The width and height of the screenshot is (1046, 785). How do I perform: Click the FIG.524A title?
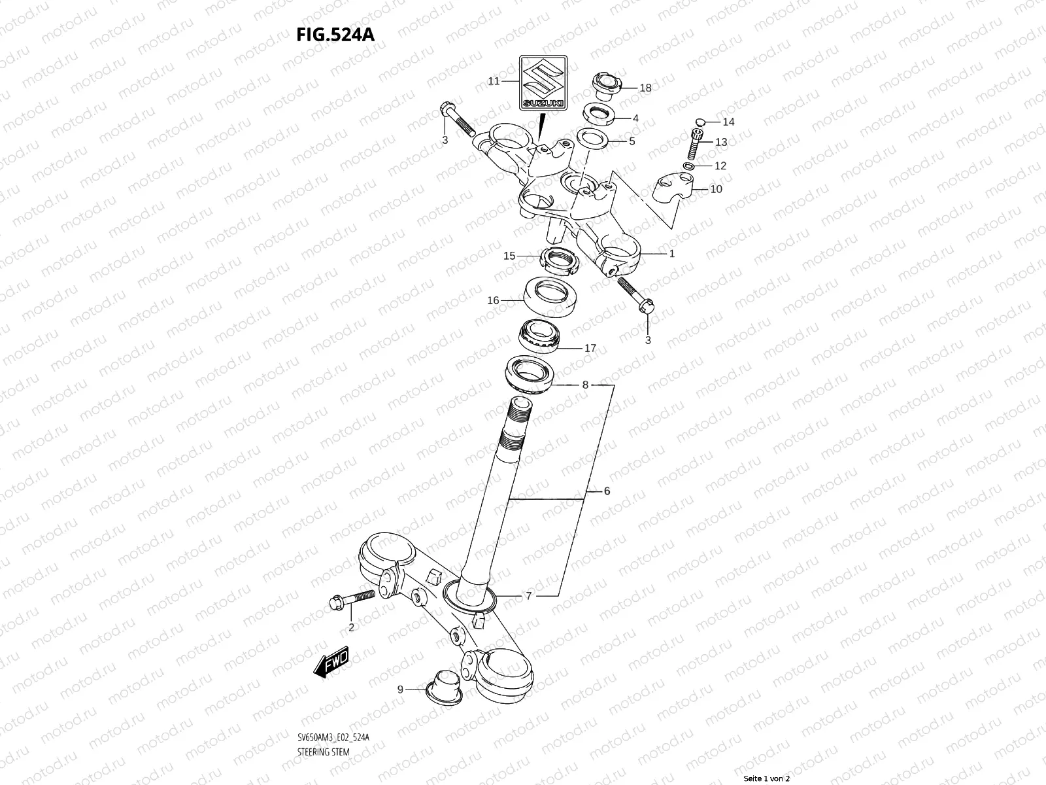pos(336,34)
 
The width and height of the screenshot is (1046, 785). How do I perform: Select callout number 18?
pos(645,88)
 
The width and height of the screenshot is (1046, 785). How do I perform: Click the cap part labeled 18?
pos(605,84)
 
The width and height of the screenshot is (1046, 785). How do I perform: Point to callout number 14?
pos(728,122)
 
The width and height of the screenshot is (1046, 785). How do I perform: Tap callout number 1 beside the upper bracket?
pos(671,253)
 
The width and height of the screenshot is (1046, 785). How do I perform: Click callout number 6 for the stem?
pos(607,491)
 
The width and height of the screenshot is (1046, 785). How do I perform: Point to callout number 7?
pos(529,596)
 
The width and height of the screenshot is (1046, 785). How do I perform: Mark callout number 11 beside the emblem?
pos(494,81)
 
